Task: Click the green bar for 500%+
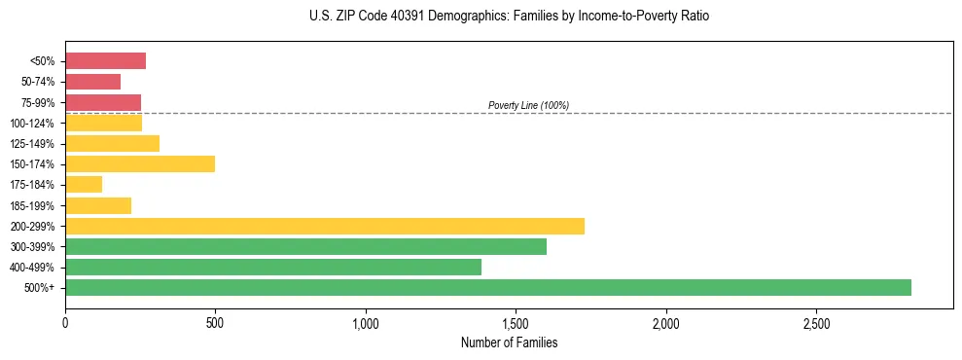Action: (487, 287)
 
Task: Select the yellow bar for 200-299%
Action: (324, 226)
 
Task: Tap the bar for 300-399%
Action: (305, 246)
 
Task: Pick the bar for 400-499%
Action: (272, 267)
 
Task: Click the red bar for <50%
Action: (105, 61)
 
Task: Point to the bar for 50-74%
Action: (92, 82)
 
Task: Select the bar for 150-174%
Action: (139, 163)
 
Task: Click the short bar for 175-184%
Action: (83, 184)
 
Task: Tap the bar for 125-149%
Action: (112, 143)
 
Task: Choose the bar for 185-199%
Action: (97, 205)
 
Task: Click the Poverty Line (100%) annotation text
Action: (528, 105)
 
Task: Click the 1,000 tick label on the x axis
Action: (366, 322)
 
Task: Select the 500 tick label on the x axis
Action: (215, 322)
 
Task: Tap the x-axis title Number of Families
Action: (509, 342)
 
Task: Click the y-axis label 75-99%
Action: (38, 103)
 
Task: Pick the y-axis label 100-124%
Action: (34, 124)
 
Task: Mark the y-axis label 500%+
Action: (40, 288)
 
